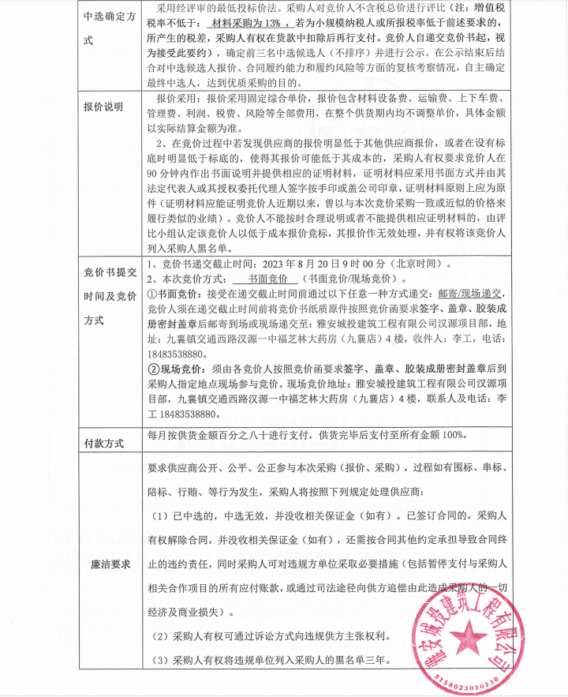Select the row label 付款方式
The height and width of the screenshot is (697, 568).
pos(103,443)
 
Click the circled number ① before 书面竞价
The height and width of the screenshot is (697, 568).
pos(152,292)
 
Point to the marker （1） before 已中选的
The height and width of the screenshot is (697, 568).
pos(160,516)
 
